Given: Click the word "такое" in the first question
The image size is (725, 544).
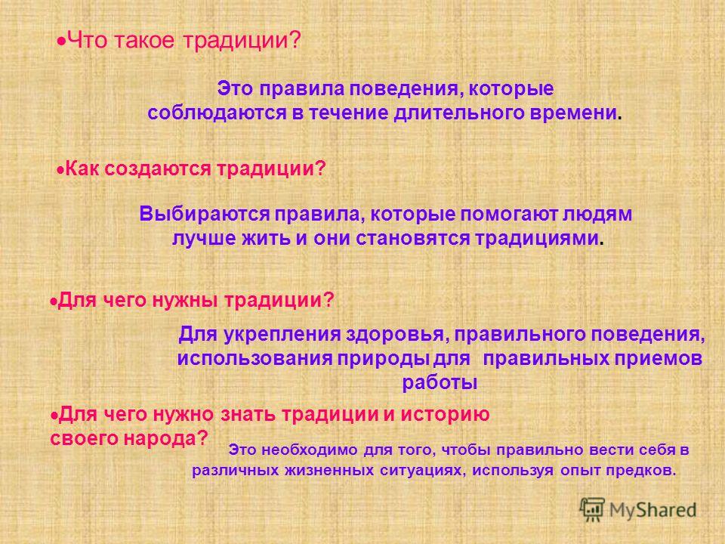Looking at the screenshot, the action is [143, 41].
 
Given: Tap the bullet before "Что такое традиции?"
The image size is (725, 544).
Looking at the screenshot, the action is [60, 41].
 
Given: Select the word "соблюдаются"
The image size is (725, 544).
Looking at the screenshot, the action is [217, 113].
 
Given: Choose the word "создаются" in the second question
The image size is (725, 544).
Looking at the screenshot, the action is [158, 168].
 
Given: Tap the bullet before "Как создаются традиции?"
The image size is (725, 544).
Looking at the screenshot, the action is [60, 170].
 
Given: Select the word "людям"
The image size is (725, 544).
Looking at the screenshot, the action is [597, 214].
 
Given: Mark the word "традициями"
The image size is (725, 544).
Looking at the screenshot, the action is [537, 239].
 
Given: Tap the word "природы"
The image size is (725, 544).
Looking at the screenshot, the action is [383, 358].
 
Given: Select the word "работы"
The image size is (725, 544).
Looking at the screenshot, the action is [440, 383].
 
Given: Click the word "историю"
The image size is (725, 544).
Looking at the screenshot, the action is [445, 414].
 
